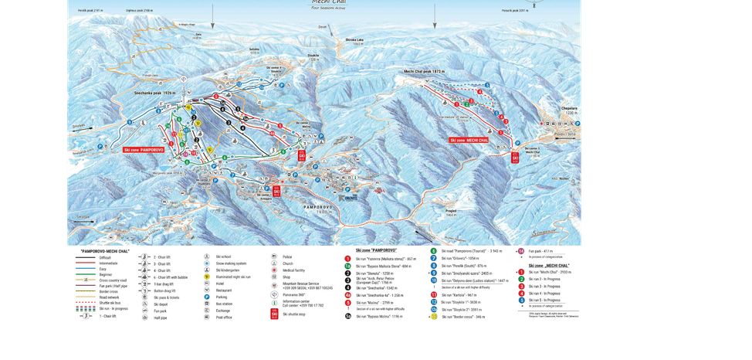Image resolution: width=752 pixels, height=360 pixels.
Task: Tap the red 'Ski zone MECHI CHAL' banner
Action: (469, 140)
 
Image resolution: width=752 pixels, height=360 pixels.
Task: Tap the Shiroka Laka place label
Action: (354, 41)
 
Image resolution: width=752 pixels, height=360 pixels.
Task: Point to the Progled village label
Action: (452, 209)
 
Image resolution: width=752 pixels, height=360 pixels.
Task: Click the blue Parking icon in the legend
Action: (207, 297)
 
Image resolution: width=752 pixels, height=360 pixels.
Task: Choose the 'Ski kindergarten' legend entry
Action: (228, 270)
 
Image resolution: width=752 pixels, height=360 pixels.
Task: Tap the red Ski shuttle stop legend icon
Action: (274, 314)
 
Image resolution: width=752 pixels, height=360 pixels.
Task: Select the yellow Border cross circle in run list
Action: (434, 317)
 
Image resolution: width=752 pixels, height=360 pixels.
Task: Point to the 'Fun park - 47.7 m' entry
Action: (544, 251)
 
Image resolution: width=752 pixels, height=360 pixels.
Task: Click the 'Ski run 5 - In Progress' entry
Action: (548, 299)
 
